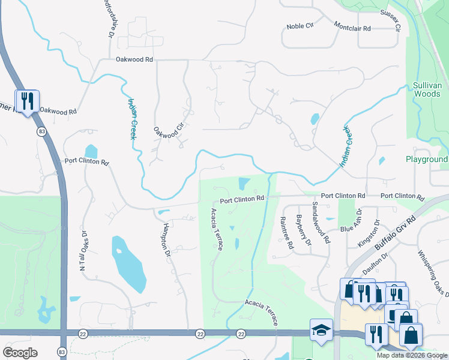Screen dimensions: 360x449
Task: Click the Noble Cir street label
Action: coord(300,26)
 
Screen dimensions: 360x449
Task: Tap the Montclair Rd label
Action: coord(352,28)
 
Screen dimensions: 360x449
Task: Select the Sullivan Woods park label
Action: coord(427,90)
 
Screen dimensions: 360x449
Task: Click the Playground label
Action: coord(426,159)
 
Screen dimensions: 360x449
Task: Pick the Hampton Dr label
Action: coord(167,241)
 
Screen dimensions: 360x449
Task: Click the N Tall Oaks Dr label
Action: coord(83,251)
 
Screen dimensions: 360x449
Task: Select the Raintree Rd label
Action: coord(286,233)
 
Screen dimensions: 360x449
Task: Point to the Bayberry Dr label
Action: coord(304,230)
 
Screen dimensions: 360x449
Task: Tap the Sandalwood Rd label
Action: coord(321,222)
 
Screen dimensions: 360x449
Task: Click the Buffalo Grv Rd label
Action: coord(394,233)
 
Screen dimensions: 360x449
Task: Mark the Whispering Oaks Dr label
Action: coord(433,272)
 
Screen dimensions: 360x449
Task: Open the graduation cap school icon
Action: coord(321,330)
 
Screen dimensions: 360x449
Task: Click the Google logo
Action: coord(20,353)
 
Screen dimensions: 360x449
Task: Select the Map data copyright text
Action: coord(412,355)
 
